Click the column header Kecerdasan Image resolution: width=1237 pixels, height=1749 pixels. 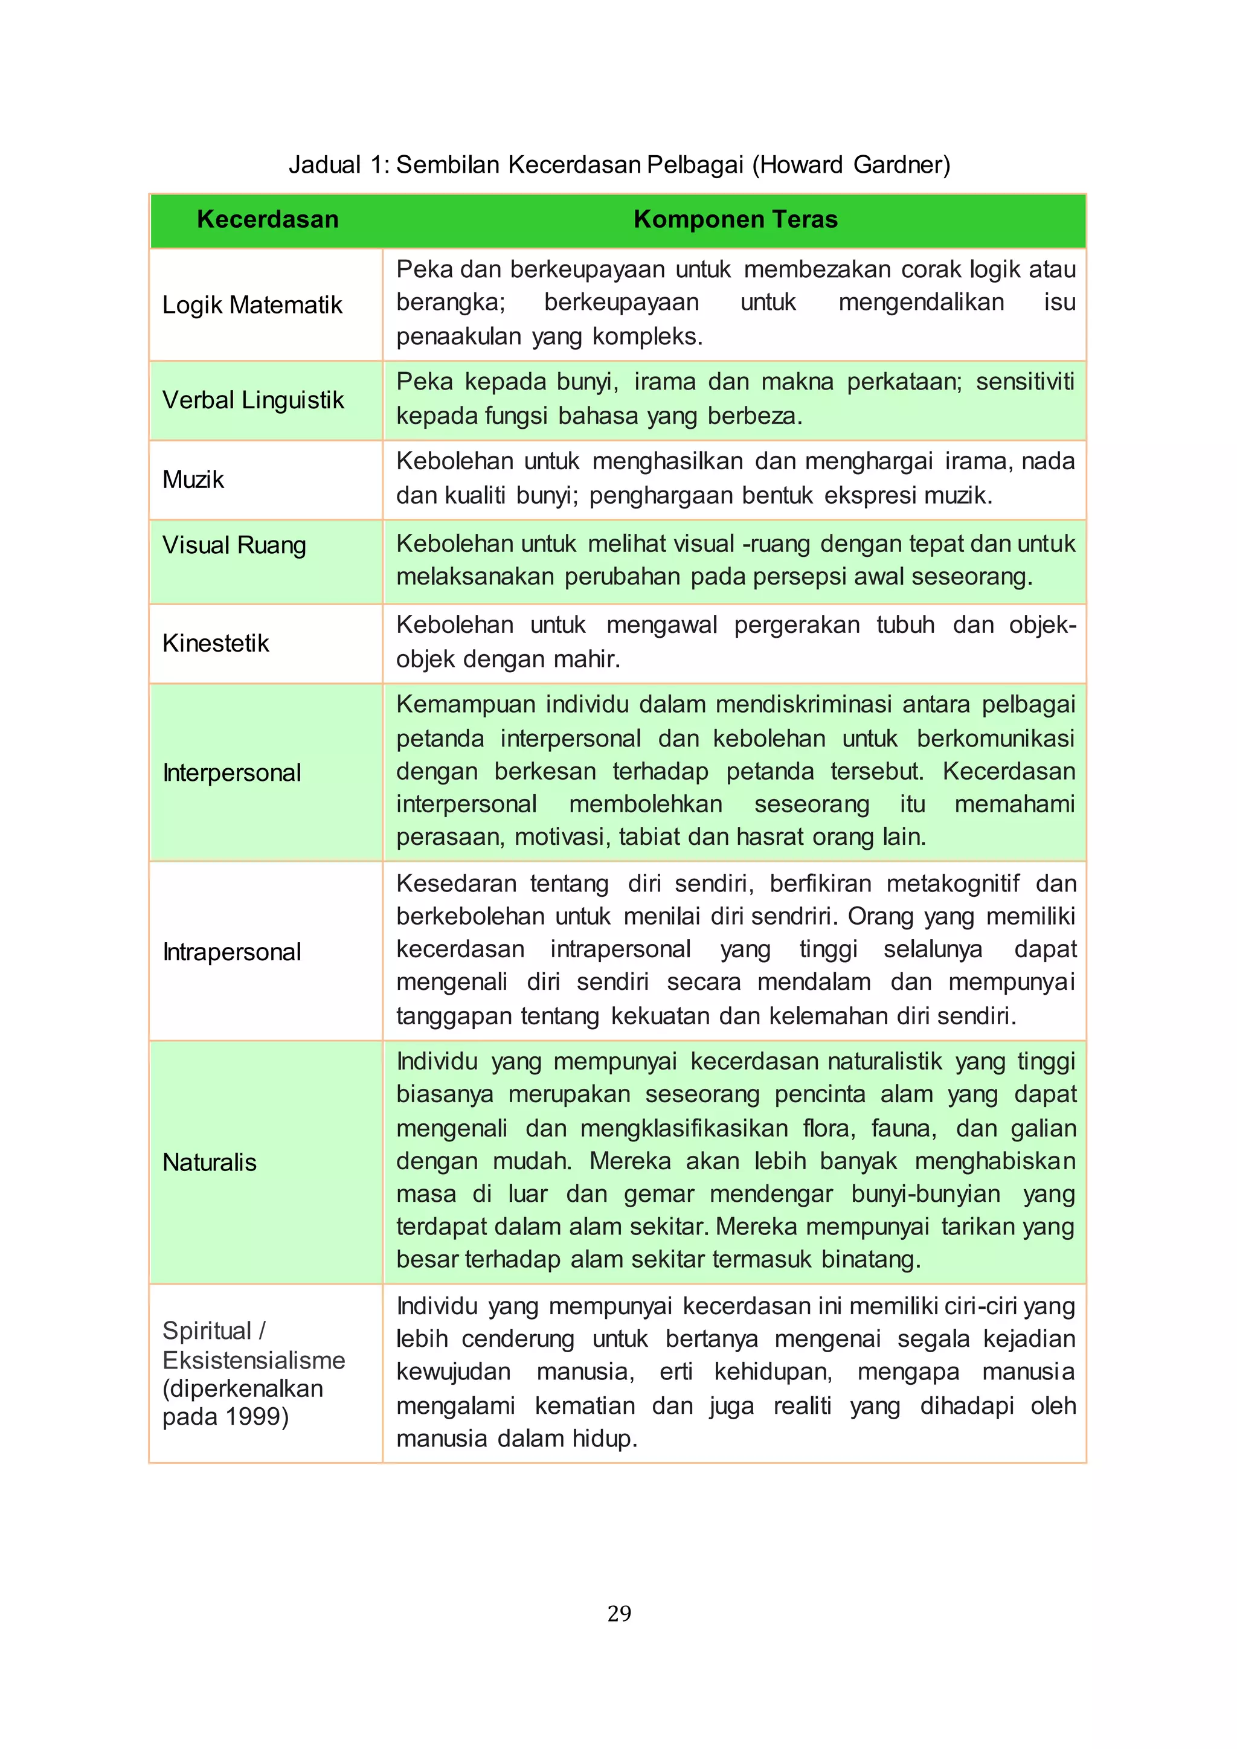(268, 219)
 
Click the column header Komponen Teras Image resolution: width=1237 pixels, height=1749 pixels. (735, 219)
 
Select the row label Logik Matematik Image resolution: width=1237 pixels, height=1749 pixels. (252, 305)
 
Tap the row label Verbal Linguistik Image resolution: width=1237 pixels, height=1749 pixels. (253, 400)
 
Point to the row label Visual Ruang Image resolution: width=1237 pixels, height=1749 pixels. (234, 545)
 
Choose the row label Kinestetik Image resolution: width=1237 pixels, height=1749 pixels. (216, 643)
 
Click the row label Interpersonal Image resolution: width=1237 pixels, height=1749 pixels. (231, 772)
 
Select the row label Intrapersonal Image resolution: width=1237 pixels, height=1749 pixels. (231, 951)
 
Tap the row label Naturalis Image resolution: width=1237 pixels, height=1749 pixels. (210, 1163)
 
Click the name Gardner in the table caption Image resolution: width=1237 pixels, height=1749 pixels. (898, 164)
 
